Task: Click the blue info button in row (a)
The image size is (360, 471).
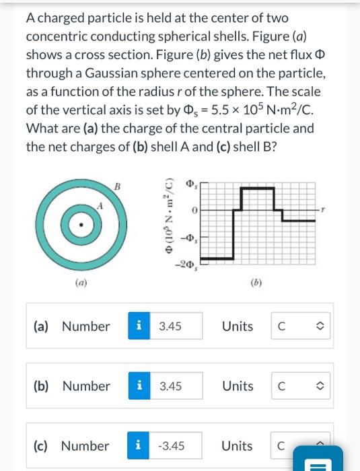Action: click(139, 326)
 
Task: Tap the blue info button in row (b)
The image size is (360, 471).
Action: click(139, 386)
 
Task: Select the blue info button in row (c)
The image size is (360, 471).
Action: click(139, 445)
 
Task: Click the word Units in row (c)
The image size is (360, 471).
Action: click(238, 445)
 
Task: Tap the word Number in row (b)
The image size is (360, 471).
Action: click(86, 386)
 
